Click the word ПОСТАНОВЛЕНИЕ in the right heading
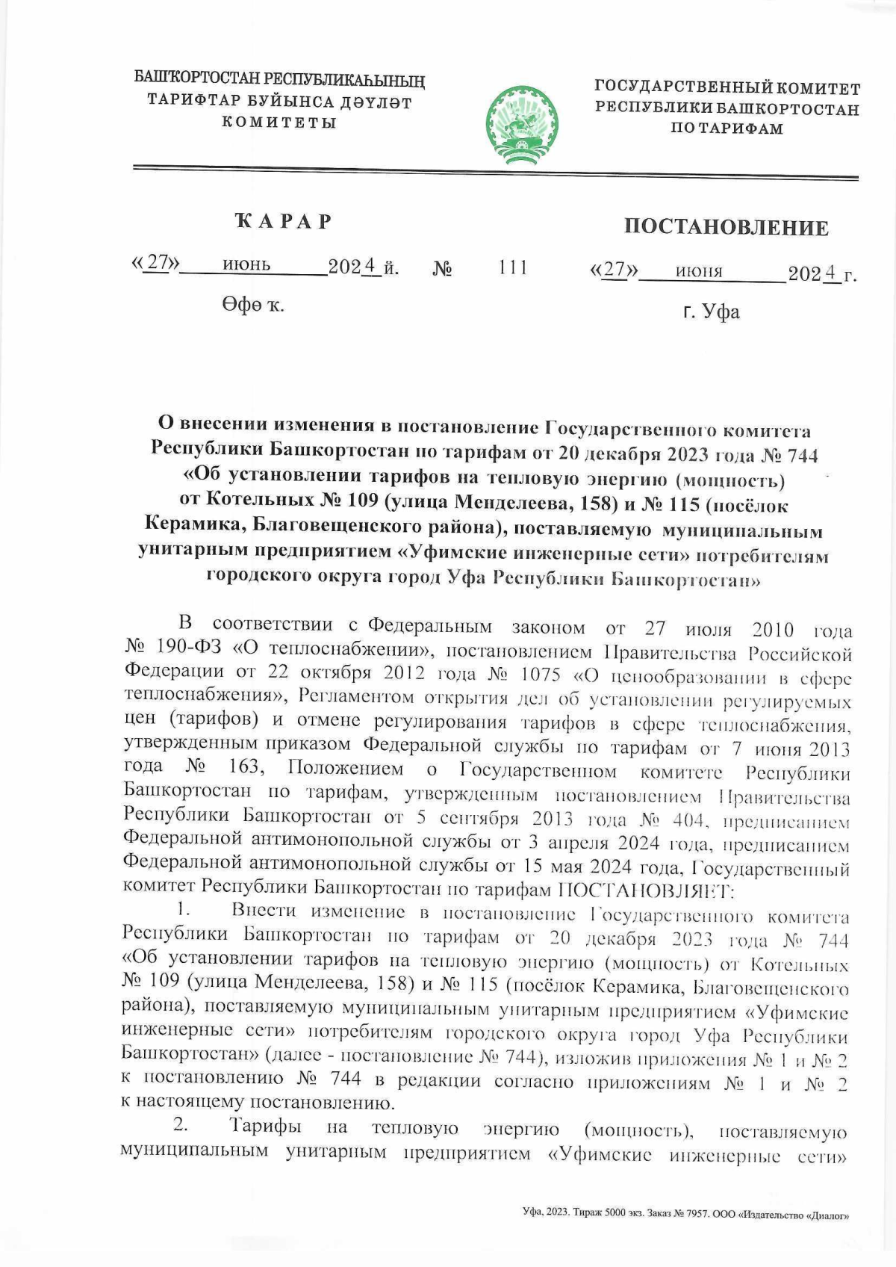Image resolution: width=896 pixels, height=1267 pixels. coord(726,227)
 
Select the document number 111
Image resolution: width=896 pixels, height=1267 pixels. coord(513,267)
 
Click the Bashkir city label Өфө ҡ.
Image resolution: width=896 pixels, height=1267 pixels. coord(252,305)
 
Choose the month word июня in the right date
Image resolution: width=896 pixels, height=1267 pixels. coord(699,271)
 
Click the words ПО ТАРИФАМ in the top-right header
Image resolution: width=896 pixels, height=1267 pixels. coord(727,128)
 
